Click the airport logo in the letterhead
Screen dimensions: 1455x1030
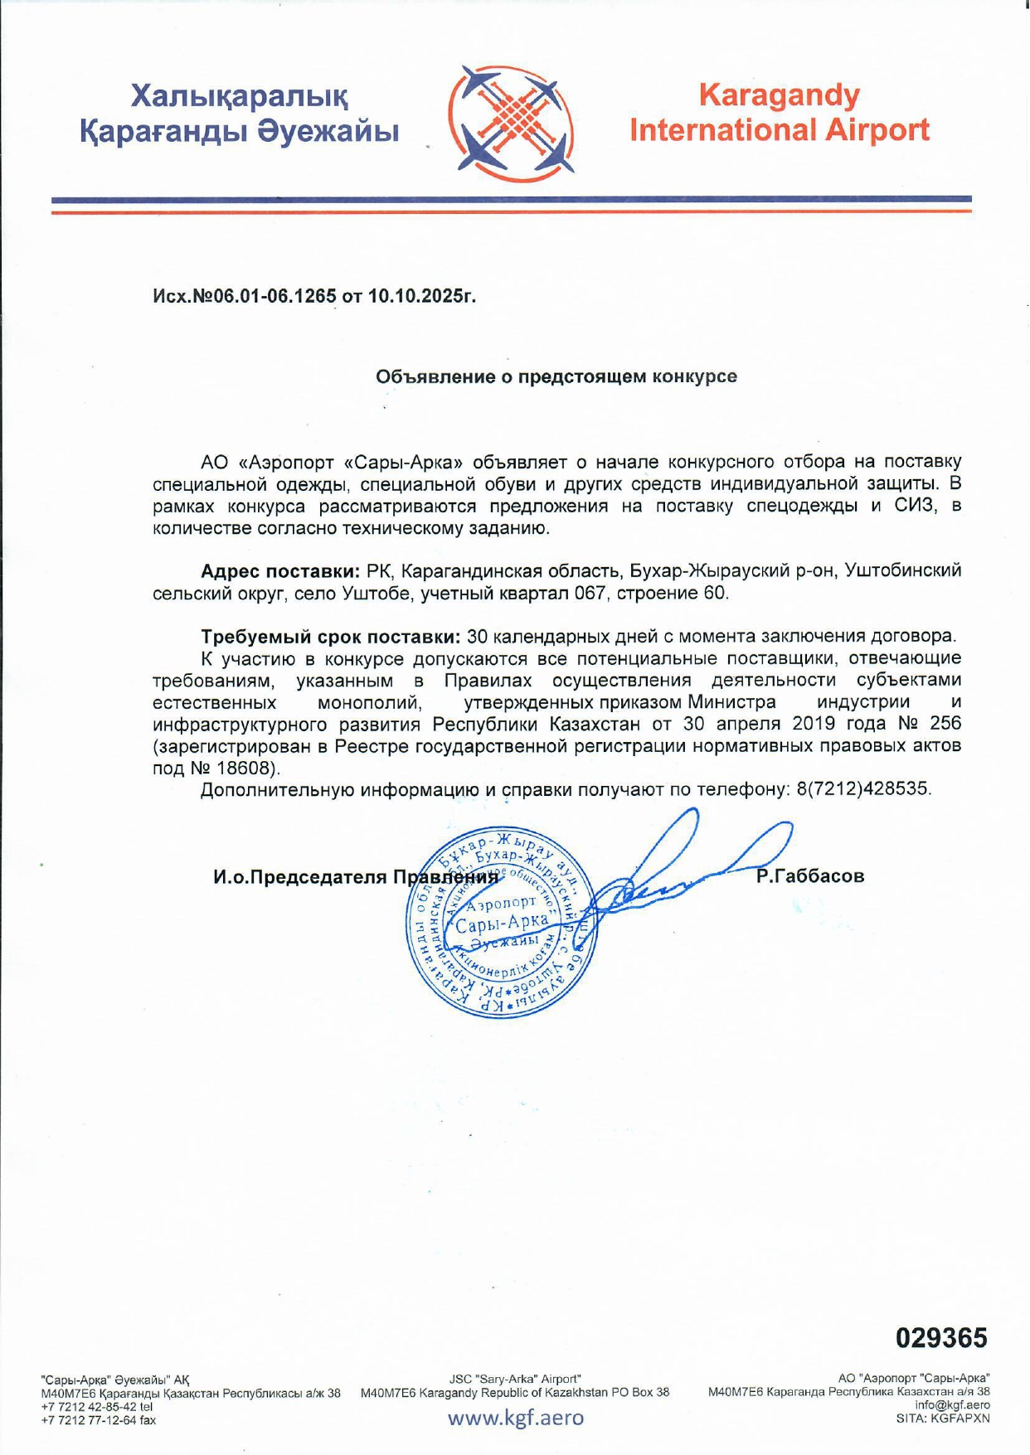click(511, 124)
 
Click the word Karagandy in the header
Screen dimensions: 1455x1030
click(779, 95)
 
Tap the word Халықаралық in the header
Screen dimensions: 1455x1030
click(240, 96)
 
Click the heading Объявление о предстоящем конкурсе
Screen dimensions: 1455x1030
click(556, 377)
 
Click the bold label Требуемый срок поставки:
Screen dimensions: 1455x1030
click(330, 637)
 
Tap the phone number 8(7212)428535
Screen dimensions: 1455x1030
click(863, 788)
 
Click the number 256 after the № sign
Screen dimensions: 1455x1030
click(945, 724)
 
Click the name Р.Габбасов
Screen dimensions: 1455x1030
click(810, 876)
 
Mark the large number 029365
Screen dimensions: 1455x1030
click(942, 1337)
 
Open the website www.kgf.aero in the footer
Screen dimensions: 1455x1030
click(516, 1417)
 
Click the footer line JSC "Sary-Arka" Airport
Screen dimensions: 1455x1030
click(515, 1379)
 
